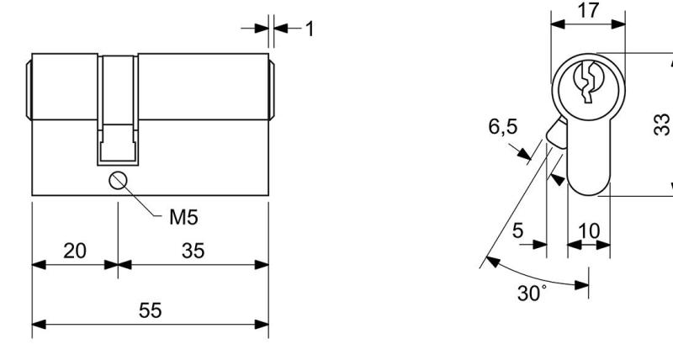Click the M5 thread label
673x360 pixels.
click(x=183, y=217)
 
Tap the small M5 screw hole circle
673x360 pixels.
click(x=118, y=181)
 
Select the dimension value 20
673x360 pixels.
click(x=75, y=251)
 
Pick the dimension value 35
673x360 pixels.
click(x=193, y=251)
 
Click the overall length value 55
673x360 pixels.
click(x=151, y=310)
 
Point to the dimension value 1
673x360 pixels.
click(x=310, y=29)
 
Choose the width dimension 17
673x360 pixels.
click(x=587, y=10)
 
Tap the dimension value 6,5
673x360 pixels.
click(x=502, y=127)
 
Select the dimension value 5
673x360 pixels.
click(x=518, y=230)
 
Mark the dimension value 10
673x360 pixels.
click(x=590, y=231)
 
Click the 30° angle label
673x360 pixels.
click(x=533, y=294)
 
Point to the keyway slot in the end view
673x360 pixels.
click(x=588, y=82)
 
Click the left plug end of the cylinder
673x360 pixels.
click(x=29, y=90)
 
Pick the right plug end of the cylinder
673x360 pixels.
click(x=272, y=90)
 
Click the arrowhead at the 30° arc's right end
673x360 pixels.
click(x=581, y=284)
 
